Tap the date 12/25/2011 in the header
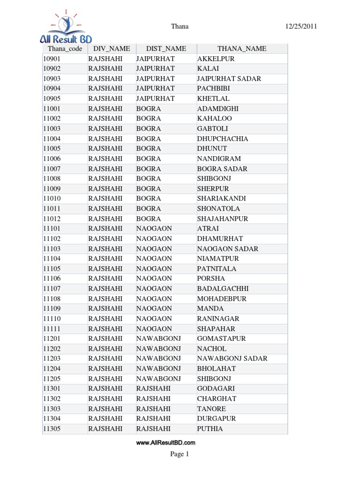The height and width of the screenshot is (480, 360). tap(301, 26)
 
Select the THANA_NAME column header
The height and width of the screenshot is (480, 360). tap(241, 49)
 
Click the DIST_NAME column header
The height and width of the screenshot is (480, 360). tap(166, 49)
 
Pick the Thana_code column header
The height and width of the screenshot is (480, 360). tap(65, 49)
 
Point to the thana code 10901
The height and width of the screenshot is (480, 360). tap(52, 59)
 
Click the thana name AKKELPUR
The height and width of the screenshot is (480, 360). tap(216, 59)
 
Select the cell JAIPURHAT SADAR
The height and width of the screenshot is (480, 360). tap(229, 79)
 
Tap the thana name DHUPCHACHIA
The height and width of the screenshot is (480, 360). tap(223, 139)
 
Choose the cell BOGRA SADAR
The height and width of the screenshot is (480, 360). tap(222, 169)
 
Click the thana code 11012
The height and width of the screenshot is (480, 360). tap(52, 219)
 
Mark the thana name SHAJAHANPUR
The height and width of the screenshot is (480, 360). tap(223, 219)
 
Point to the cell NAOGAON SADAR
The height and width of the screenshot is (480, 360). tap(228, 249)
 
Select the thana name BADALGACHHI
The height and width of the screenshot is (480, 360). tap(223, 289)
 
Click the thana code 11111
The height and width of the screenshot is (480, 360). tap(52, 329)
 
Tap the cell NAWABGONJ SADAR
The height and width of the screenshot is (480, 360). tap(232, 359)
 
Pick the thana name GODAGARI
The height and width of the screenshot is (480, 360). tap(216, 389)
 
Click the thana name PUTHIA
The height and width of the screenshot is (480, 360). tap(210, 429)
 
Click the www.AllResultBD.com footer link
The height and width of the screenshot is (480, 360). tap(165, 442)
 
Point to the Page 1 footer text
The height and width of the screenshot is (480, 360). tap(180, 454)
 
